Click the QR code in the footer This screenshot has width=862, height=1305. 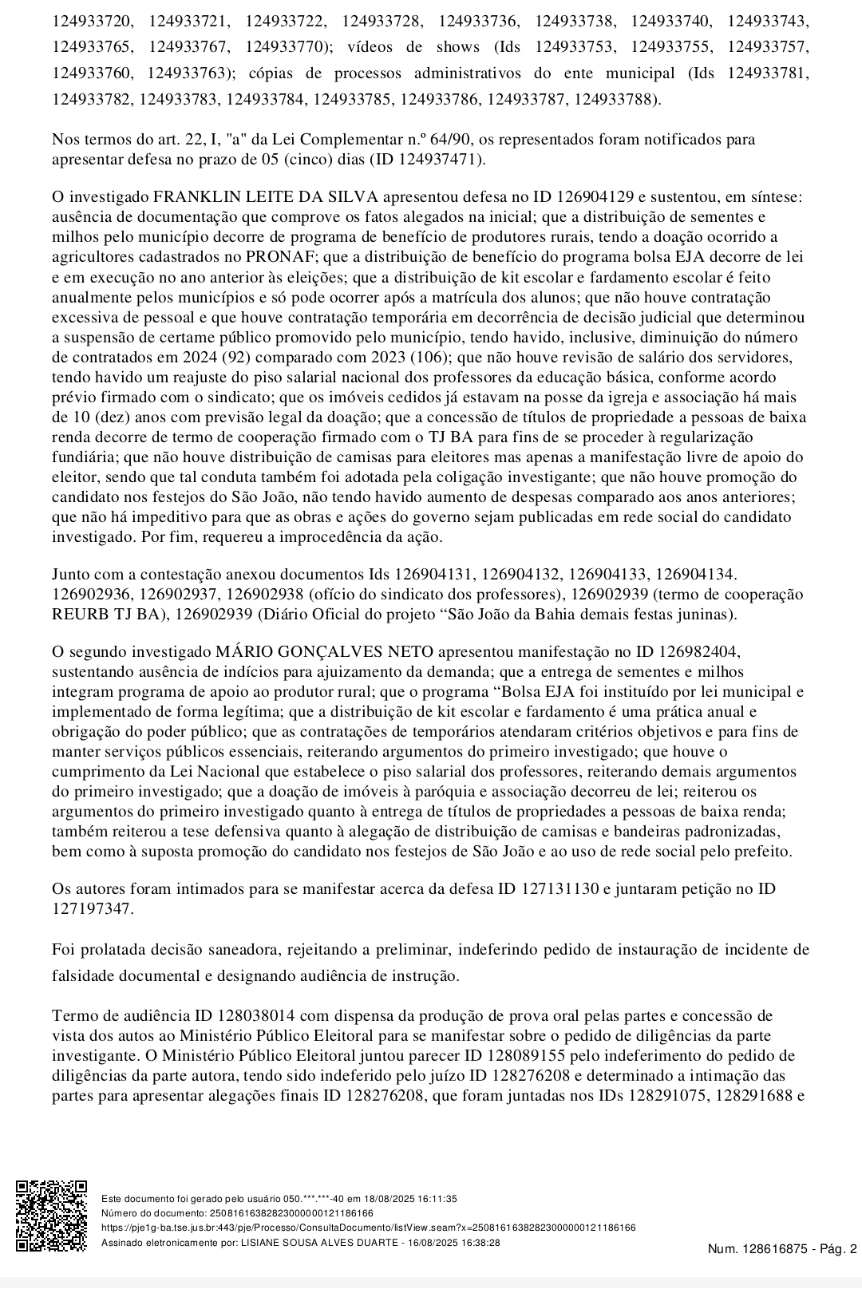point(51,1216)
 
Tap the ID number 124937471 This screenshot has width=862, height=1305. point(441,159)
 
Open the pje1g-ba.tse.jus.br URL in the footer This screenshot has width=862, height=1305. point(368,1228)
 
